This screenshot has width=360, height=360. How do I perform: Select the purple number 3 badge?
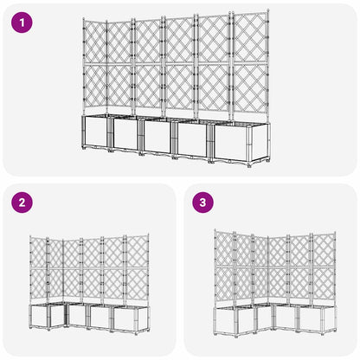(202, 203)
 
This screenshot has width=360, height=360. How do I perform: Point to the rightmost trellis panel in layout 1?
(248, 65)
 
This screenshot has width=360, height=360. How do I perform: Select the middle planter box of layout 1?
(157, 136)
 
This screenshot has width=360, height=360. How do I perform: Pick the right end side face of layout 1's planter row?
(266, 140)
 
